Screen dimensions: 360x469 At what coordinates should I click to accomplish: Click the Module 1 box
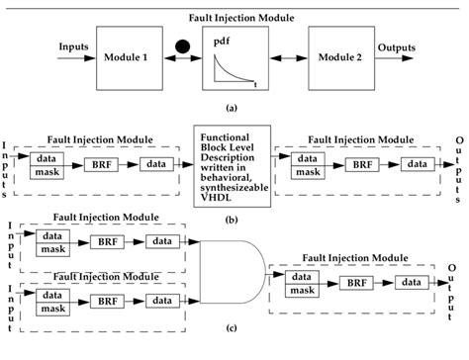127,58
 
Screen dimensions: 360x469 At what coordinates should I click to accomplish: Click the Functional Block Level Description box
234,170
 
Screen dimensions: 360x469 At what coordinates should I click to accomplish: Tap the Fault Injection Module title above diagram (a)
234,17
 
